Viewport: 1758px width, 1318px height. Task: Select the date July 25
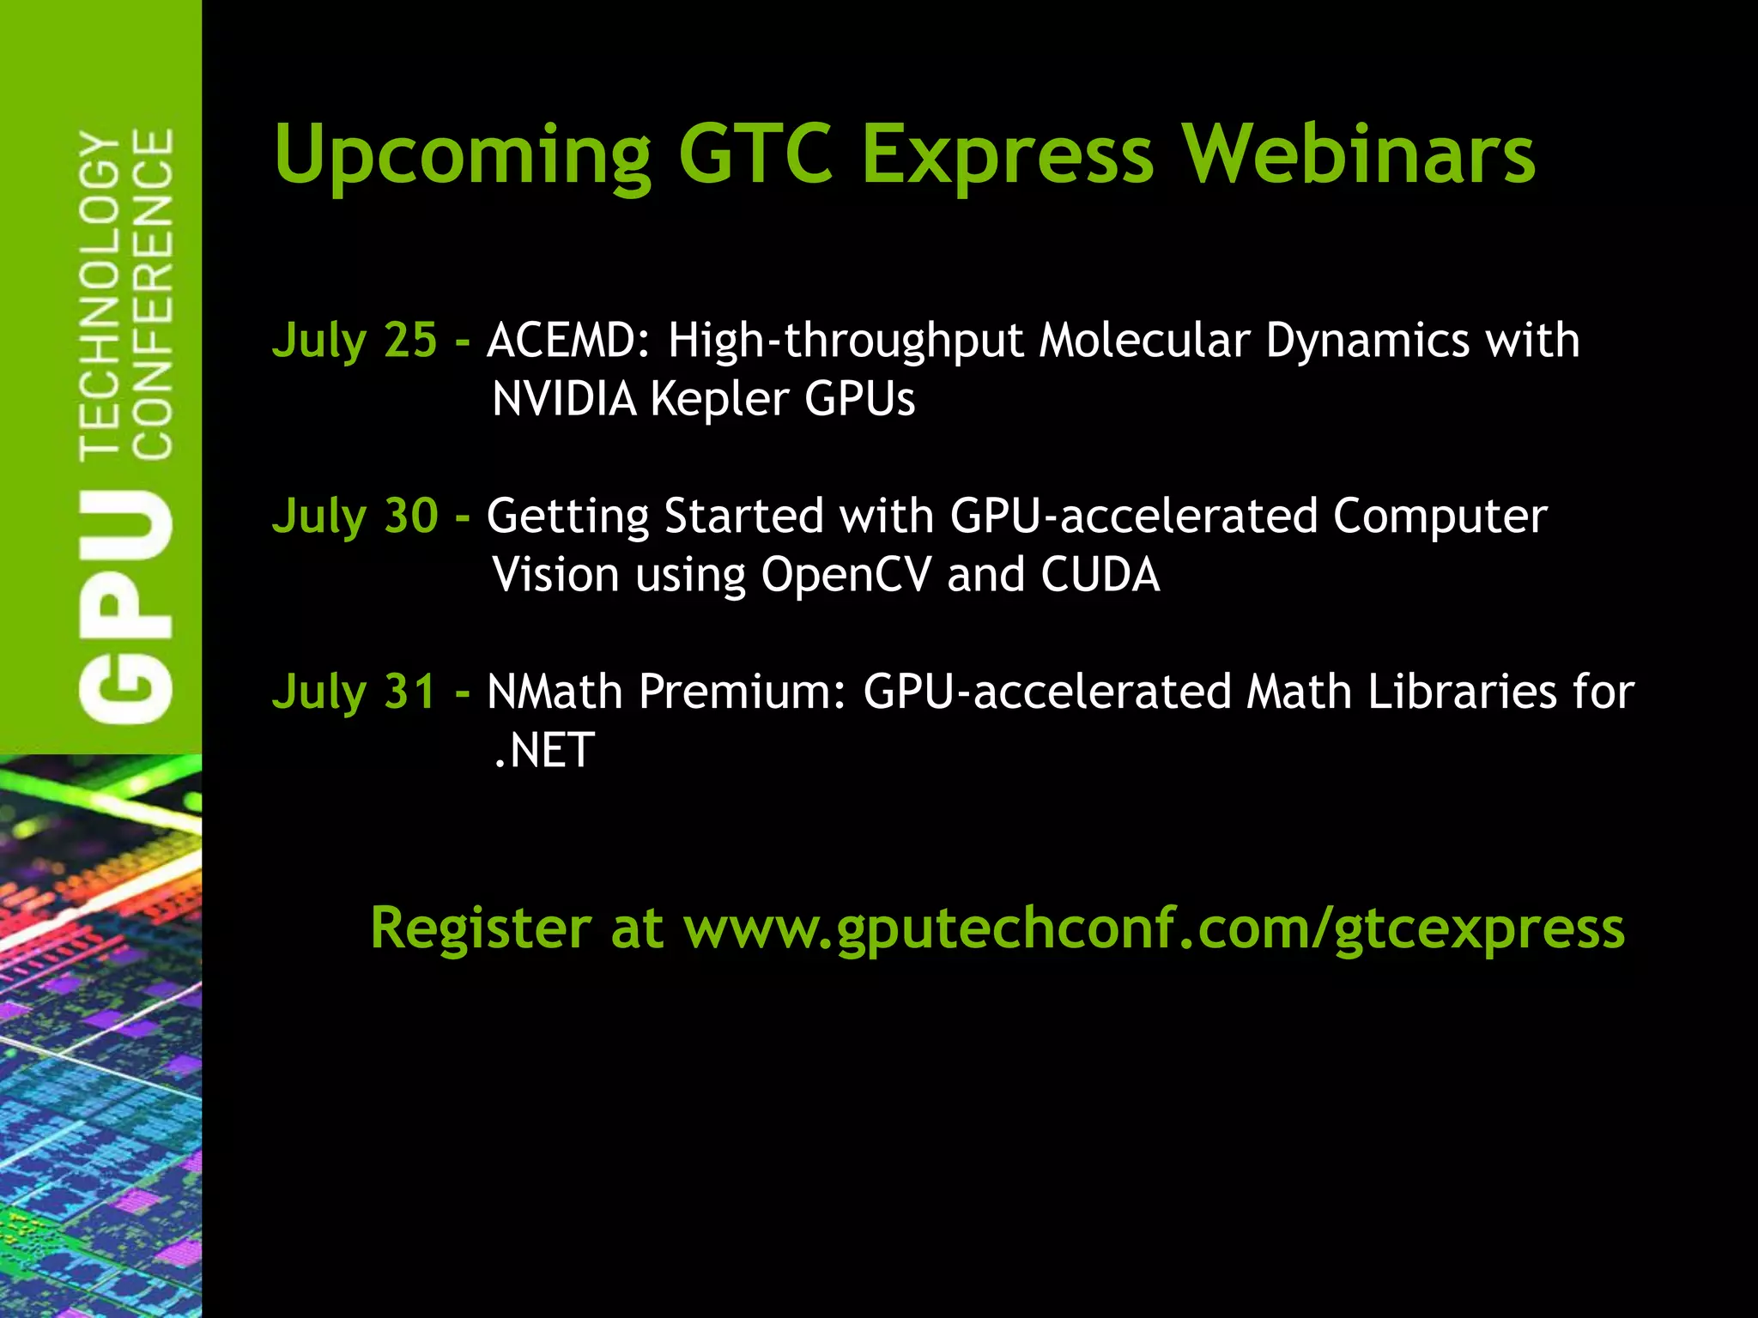pos(355,340)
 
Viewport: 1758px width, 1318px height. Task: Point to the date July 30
pos(355,516)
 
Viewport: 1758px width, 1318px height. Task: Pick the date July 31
pos(355,692)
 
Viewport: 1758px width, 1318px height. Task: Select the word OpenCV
pos(846,575)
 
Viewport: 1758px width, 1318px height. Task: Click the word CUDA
pos(1100,575)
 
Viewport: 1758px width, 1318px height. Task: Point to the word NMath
pos(555,692)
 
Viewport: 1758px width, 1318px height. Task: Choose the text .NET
pos(543,750)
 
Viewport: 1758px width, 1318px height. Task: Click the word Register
pos(481,928)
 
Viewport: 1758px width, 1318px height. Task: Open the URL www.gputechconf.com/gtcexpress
pos(1154,928)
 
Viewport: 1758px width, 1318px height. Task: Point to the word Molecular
pos(1144,340)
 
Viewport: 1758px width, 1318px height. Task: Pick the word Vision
pos(555,575)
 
